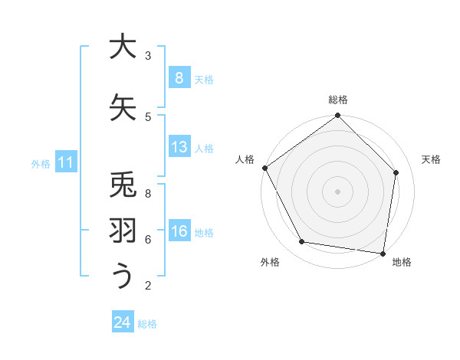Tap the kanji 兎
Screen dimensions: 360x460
122,186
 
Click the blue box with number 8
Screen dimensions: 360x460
179,78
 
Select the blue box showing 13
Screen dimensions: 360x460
179,147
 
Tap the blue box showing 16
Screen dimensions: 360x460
179,232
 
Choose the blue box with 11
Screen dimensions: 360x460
65,162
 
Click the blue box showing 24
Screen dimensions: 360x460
122,323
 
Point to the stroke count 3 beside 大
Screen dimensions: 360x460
148,56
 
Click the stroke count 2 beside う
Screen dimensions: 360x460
148,286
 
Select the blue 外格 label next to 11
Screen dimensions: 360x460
40,163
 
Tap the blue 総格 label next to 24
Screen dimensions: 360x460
147,324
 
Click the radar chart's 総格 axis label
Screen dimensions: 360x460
338,100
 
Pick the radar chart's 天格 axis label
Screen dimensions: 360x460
431,159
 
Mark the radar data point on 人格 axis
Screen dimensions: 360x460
265,168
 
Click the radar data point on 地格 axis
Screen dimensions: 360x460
383,253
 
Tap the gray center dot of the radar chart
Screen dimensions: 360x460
338,191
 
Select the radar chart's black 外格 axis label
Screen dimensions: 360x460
270,262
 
